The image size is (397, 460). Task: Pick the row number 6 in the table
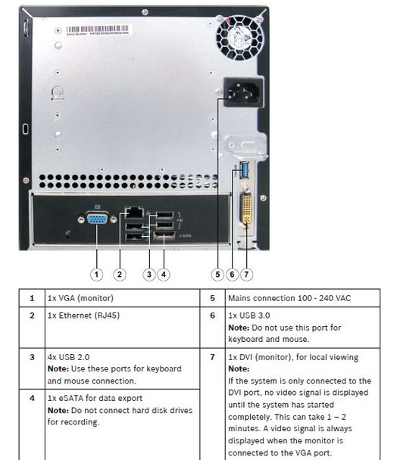pyautogui.click(x=212, y=314)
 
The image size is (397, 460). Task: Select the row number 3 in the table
pyautogui.click(x=32, y=355)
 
